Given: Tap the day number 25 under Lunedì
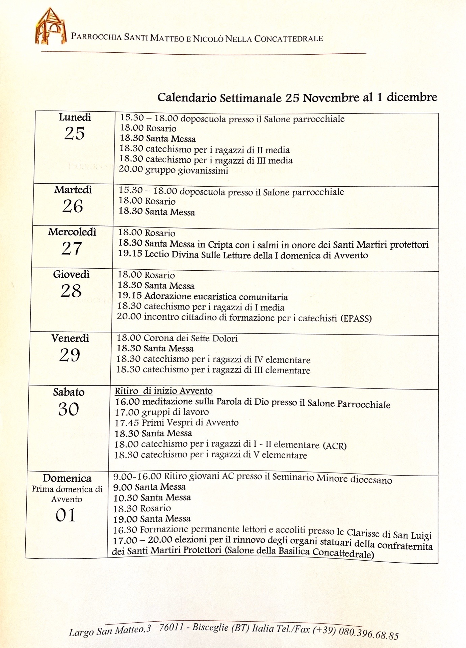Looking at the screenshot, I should [x=74, y=133].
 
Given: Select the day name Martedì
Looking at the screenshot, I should [x=73, y=190].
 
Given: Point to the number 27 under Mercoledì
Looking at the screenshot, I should [x=72, y=248].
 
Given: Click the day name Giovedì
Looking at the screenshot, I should [x=71, y=274].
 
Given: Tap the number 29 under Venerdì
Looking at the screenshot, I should [x=70, y=355].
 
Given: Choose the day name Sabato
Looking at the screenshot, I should [x=69, y=392].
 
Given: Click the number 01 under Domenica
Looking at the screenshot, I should [x=66, y=515].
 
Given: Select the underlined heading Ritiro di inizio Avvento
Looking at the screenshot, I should [x=164, y=391].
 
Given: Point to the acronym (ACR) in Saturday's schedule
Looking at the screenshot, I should [x=335, y=446].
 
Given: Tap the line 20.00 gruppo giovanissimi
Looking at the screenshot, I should [x=173, y=170].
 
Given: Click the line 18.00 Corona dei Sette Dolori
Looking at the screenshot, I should [x=177, y=338].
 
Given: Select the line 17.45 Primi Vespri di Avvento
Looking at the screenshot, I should [x=176, y=423].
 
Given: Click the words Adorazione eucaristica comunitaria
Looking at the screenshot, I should [x=216, y=297].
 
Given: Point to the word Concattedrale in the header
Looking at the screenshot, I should [x=288, y=38].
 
